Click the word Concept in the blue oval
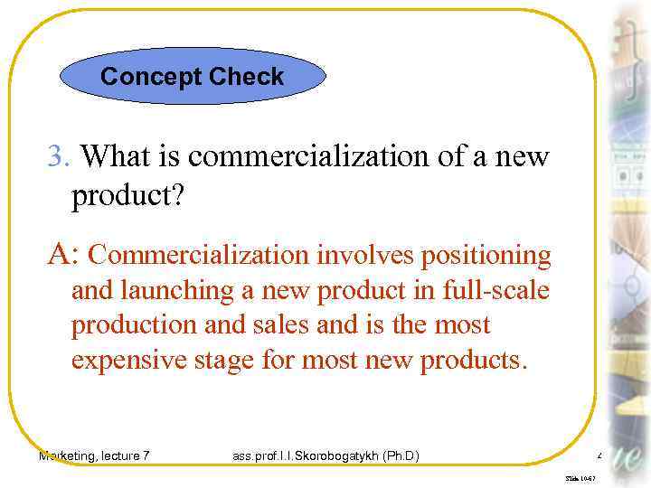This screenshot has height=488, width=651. point(150,77)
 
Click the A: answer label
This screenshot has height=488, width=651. point(63,256)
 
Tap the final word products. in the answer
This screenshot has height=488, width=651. point(471,360)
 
